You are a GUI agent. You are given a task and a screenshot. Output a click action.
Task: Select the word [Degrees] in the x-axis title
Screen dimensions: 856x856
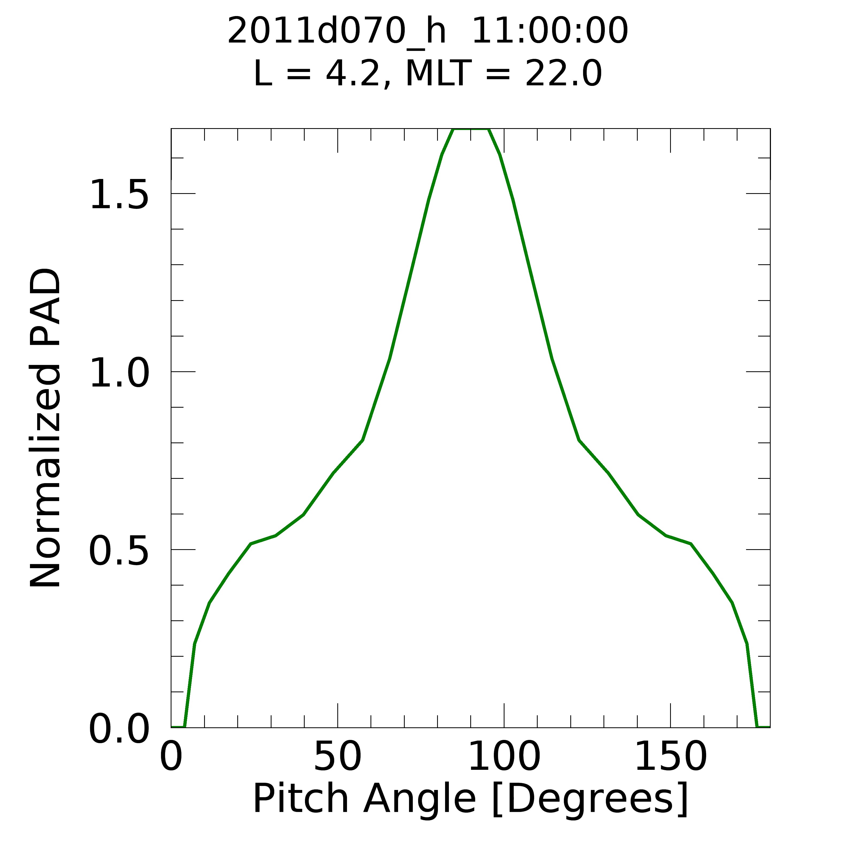tap(590, 799)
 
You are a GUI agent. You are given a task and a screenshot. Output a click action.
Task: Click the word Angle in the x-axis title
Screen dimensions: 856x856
tap(419, 799)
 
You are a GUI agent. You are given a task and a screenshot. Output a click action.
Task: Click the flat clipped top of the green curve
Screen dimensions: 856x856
tap(471, 129)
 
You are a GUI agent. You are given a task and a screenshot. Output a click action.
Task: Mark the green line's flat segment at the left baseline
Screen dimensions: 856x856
tap(178, 727)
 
